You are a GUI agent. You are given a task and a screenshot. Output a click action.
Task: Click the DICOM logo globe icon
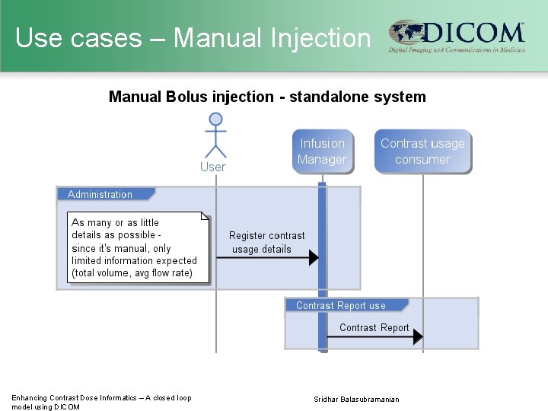(406, 33)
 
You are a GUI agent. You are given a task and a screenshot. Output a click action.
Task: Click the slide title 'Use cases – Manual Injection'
(193, 37)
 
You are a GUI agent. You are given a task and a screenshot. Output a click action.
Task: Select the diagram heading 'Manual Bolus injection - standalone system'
(267, 97)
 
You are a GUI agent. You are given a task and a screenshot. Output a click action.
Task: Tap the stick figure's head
(216, 119)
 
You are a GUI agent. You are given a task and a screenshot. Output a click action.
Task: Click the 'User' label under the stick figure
(213, 167)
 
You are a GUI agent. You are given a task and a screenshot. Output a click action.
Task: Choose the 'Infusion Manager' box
(322, 151)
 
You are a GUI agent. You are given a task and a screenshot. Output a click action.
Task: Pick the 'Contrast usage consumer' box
(422, 151)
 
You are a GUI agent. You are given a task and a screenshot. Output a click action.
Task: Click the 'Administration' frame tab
(100, 195)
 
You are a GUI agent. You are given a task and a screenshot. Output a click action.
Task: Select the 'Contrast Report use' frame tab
(341, 305)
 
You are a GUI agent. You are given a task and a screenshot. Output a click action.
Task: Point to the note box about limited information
(138, 247)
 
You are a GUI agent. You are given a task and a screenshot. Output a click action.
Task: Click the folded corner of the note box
(204, 217)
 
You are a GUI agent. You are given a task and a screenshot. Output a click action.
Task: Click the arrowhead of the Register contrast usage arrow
(313, 258)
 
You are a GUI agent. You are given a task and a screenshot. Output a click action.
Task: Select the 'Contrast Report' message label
(374, 327)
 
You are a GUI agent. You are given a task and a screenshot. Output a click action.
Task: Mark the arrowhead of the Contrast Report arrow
(418, 336)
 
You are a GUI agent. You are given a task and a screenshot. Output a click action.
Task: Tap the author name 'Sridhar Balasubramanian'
(356, 400)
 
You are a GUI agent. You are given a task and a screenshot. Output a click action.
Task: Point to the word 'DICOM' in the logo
(472, 33)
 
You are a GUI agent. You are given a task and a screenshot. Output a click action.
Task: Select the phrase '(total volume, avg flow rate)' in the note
(132, 273)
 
